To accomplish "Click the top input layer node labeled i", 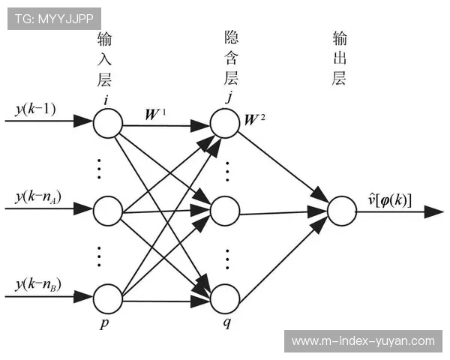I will point(107,124).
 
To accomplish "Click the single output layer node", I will point(341,211).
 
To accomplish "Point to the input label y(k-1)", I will point(34,109).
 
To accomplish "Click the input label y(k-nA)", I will point(37,198).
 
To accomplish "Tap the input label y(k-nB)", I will point(37,285).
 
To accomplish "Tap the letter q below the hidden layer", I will point(225,325).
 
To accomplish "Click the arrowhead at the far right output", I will point(434,211).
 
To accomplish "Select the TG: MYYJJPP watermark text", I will point(54,19).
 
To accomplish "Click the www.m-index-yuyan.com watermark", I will point(363,341).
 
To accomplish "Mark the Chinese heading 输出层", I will point(340,58).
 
